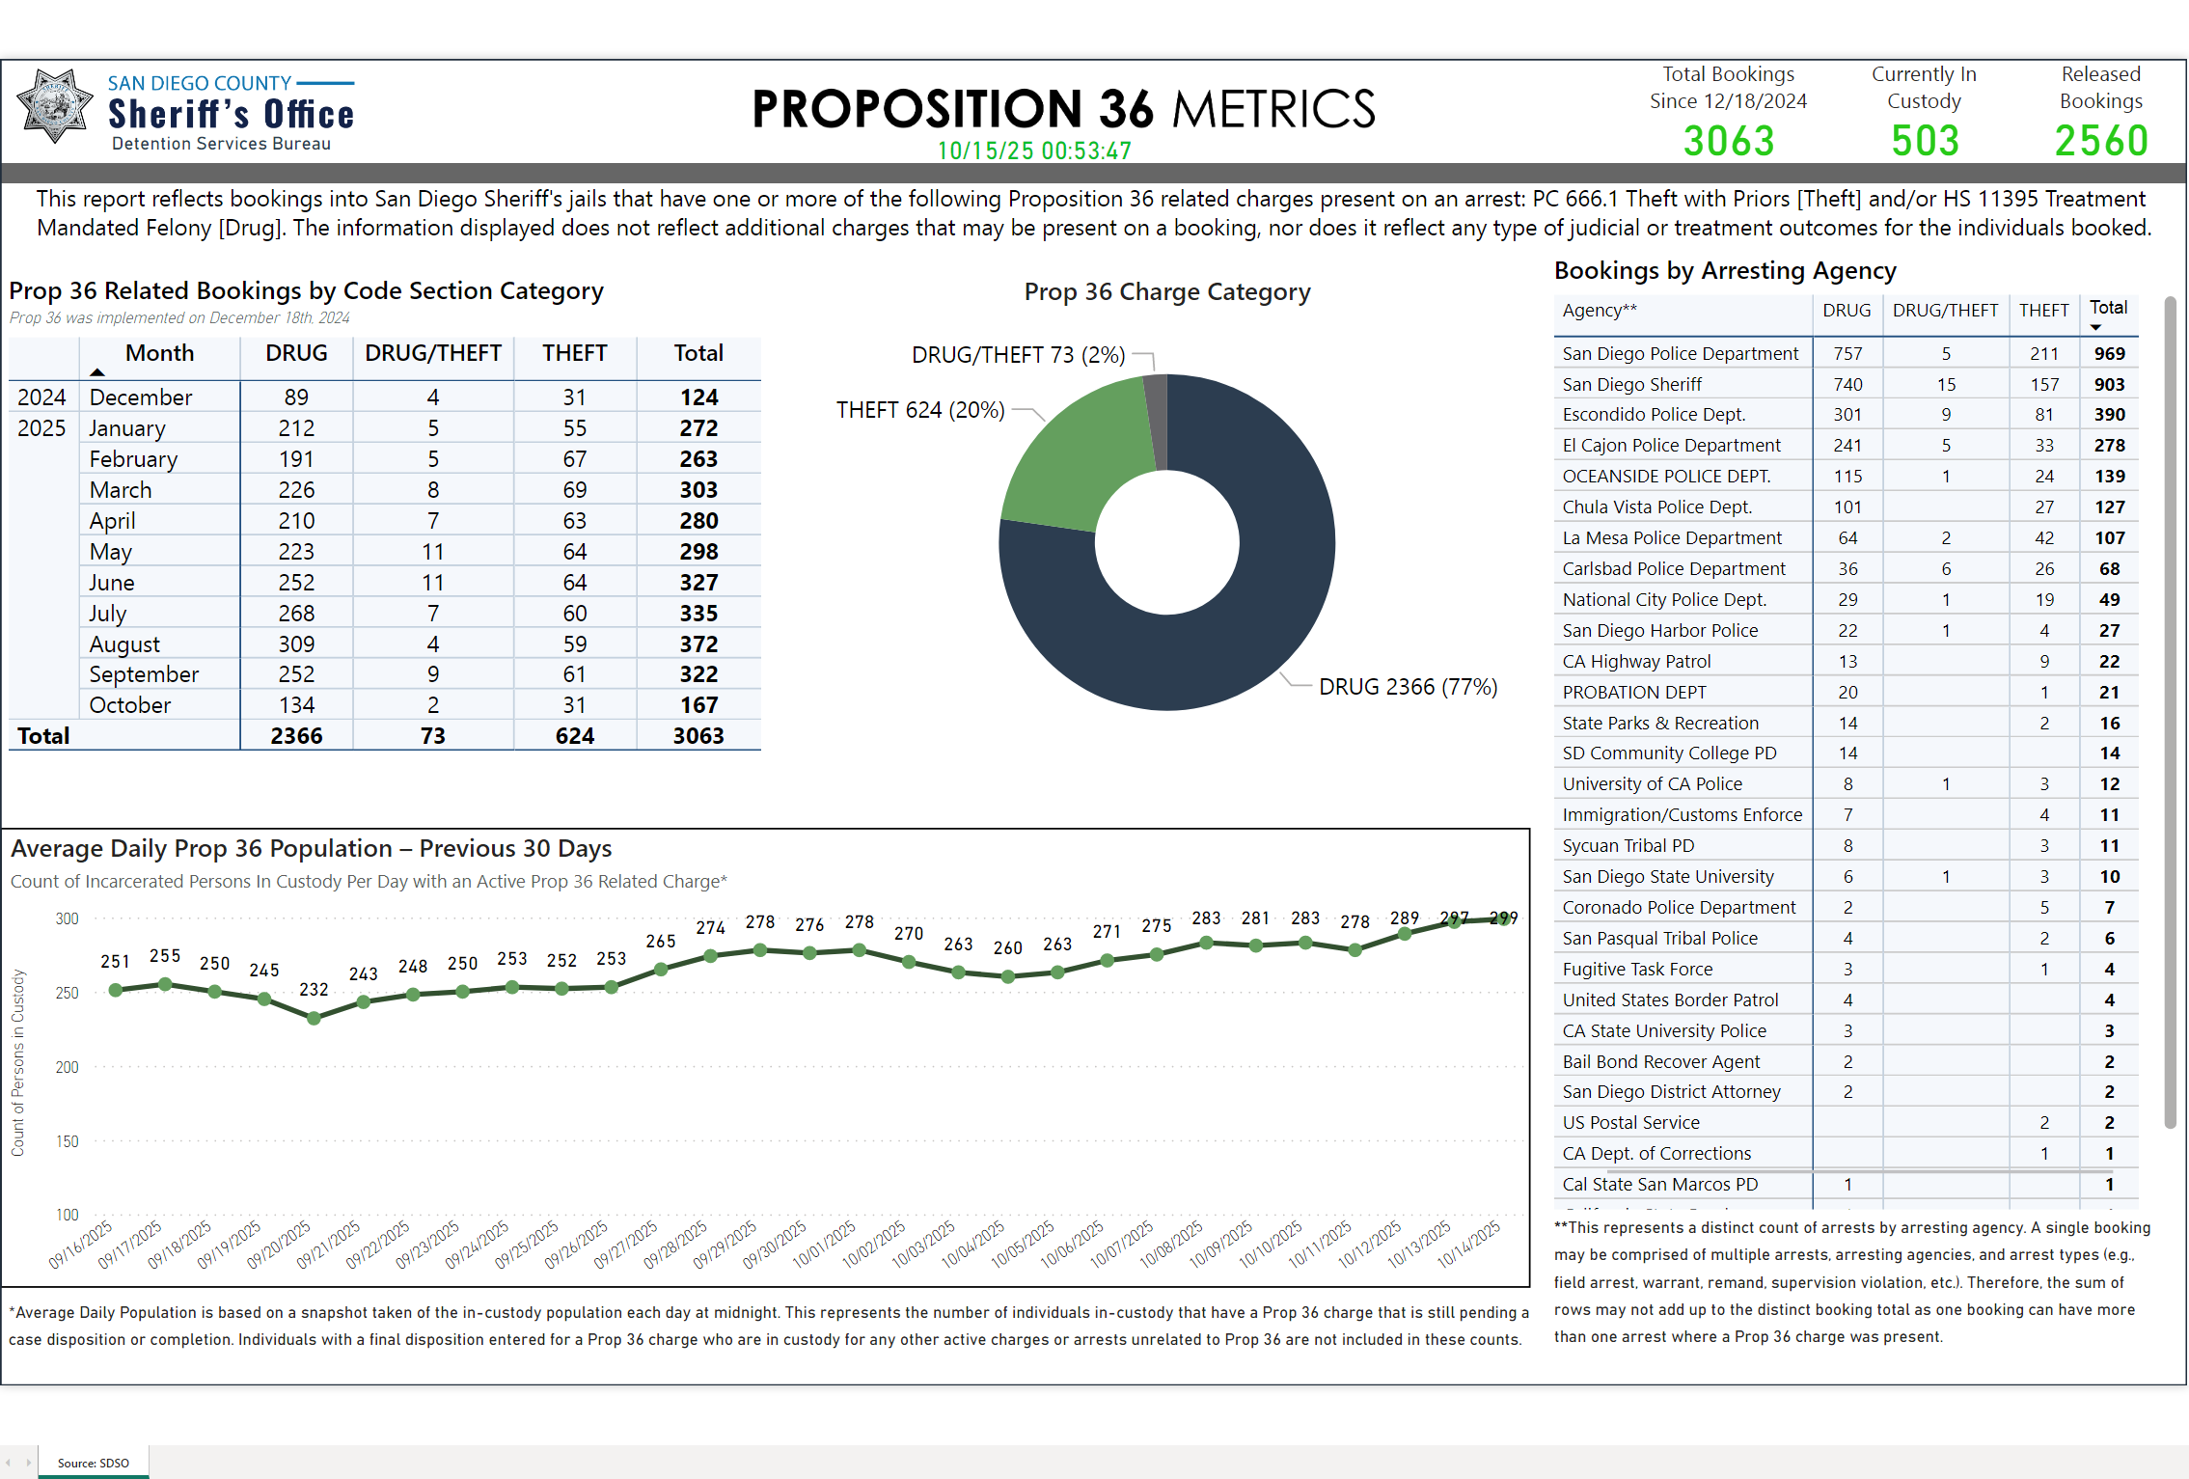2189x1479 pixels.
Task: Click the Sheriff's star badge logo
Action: pyautogui.click(x=54, y=106)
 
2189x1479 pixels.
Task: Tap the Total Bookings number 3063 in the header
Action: pyautogui.click(x=1728, y=142)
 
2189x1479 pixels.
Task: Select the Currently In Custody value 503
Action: pyautogui.click(x=1925, y=142)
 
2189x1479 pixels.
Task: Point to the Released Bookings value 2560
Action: pyautogui.click(x=2100, y=142)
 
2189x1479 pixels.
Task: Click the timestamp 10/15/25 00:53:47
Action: pyautogui.click(x=1034, y=151)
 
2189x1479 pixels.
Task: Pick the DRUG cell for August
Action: pyautogui.click(x=296, y=644)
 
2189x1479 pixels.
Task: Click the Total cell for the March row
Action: pyautogui.click(x=698, y=490)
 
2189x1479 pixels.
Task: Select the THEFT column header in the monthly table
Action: pyautogui.click(x=574, y=353)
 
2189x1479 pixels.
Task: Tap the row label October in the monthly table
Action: pyautogui.click(x=130, y=705)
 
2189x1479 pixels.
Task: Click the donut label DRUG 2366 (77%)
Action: pyautogui.click(x=1408, y=687)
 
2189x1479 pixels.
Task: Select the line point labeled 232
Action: pyautogui.click(x=314, y=1018)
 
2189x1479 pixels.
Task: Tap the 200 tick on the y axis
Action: pyautogui.click(x=67, y=1067)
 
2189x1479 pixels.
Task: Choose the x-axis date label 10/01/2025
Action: pyautogui.click(x=825, y=1245)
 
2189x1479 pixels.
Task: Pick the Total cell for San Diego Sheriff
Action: pyautogui.click(x=2109, y=384)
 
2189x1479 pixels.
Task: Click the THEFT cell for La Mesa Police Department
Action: pyautogui.click(x=2043, y=538)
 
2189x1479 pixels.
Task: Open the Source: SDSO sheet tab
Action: pyautogui.click(x=93, y=1463)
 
